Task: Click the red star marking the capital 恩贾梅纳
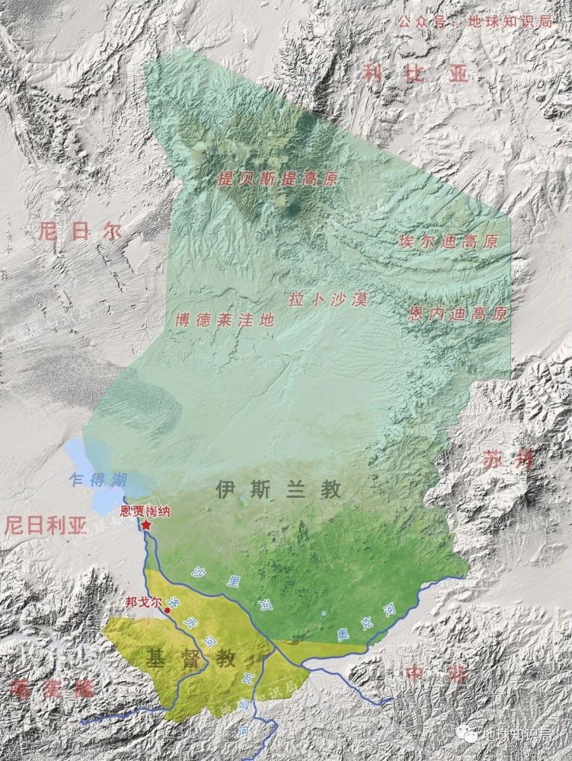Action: (x=145, y=525)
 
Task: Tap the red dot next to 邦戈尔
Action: (x=168, y=610)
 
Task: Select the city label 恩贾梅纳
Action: (x=146, y=512)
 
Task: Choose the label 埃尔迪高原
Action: (x=448, y=241)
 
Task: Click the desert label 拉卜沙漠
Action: (x=328, y=299)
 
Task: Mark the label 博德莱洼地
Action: (x=223, y=320)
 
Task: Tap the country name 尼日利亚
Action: (x=46, y=524)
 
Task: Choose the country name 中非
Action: (x=436, y=673)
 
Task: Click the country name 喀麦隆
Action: (x=50, y=688)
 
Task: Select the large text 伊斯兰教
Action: (x=278, y=489)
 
